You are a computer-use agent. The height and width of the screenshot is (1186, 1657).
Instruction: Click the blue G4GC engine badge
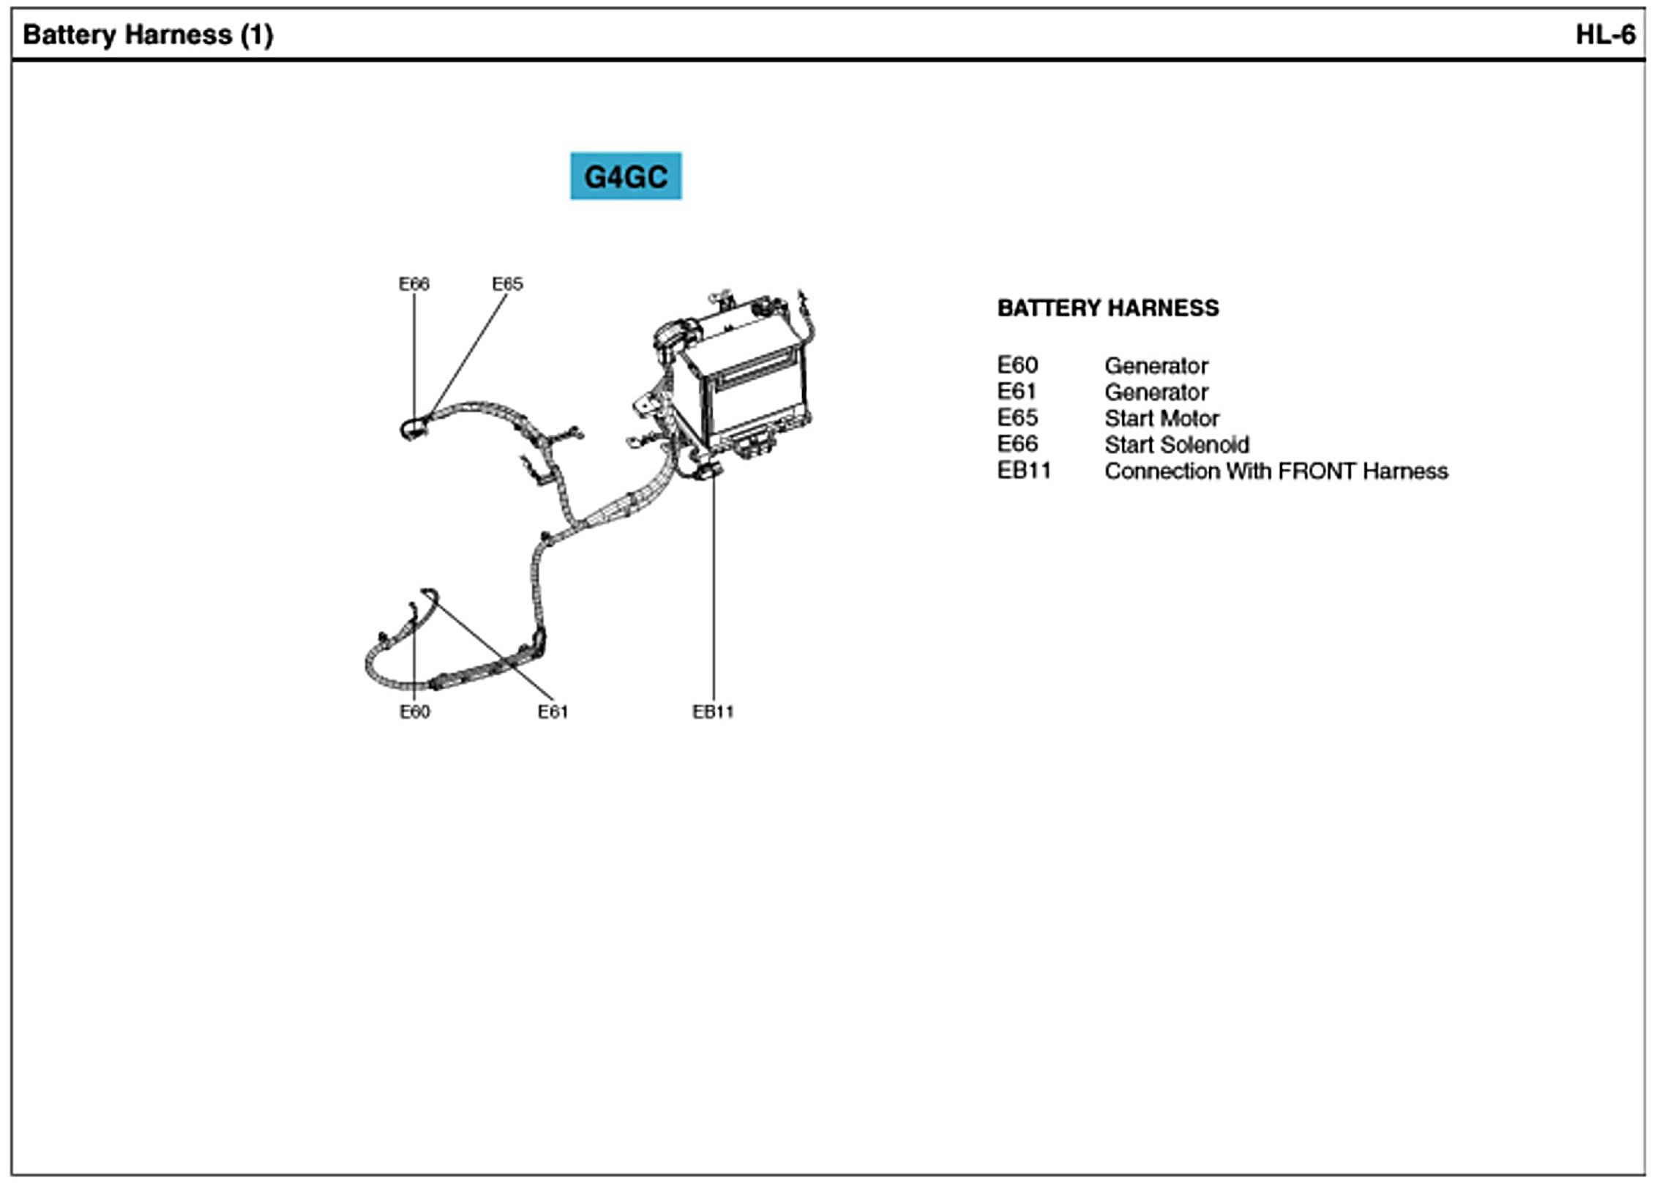(626, 176)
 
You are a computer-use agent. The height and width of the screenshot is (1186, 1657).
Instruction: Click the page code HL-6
(1605, 34)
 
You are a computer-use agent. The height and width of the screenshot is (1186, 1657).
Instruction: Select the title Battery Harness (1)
(149, 34)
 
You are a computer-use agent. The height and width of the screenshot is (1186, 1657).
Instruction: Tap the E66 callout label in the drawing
(414, 284)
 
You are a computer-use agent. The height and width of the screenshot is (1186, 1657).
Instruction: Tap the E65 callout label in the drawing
(507, 284)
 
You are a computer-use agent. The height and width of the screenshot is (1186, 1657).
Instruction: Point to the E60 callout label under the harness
(414, 712)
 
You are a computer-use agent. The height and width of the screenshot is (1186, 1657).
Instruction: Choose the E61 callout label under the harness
(553, 712)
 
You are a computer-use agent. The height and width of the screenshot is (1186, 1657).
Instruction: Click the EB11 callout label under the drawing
(713, 712)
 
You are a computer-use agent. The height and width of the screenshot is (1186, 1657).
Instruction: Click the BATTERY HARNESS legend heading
(1108, 308)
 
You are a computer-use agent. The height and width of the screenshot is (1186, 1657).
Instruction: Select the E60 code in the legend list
(1017, 365)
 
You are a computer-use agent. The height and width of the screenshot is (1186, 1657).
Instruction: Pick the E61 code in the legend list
(1017, 392)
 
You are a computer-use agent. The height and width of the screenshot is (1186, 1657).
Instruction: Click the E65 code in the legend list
(1017, 418)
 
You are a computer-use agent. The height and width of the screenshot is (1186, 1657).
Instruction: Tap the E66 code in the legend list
(1017, 444)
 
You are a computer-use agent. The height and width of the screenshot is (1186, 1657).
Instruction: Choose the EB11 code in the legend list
(1024, 471)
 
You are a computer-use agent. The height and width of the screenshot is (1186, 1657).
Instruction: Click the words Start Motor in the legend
(1162, 419)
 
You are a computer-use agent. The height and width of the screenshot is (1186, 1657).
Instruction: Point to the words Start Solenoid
(1176, 445)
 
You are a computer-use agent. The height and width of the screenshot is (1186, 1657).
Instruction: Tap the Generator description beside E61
(1156, 392)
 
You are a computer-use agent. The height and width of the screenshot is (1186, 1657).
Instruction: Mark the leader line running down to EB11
(714, 586)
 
